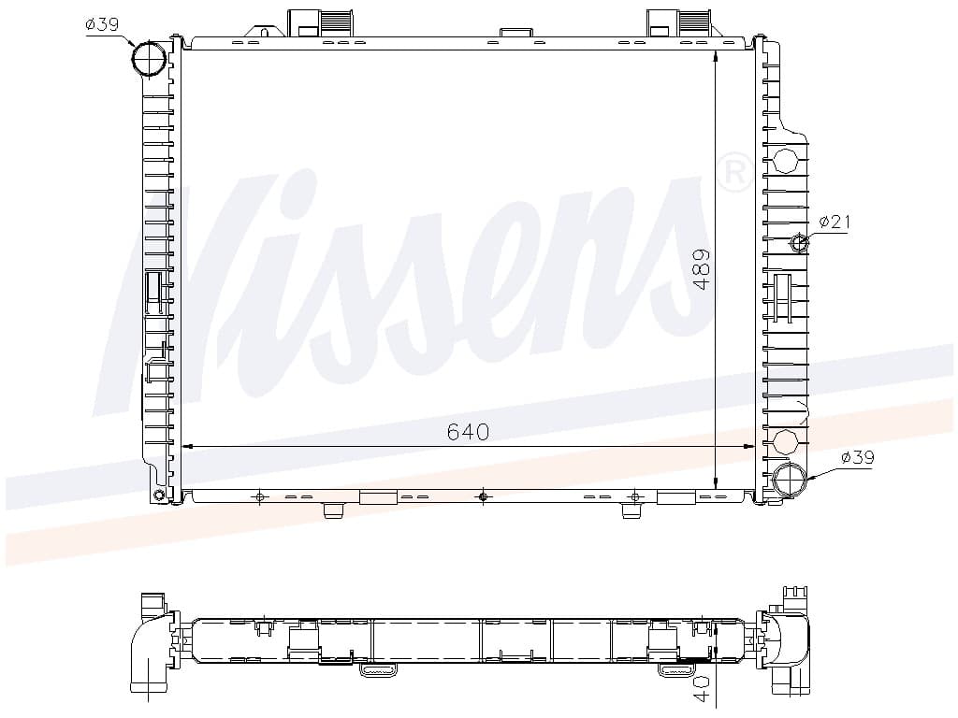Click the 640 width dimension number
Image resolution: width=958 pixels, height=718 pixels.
pyautogui.click(x=468, y=432)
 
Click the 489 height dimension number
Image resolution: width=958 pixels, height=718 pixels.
pyautogui.click(x=703, y=269)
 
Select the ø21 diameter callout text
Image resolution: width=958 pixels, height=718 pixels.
pyautogui.click(x=835, y=221)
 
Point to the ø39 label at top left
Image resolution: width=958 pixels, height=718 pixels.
pyautogui.click(x=102, y=23)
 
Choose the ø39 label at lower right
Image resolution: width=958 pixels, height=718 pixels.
pyautogui.click(x=857, y=456)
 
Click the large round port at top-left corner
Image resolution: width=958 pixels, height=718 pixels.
pyautogui.click(x=149, y=59)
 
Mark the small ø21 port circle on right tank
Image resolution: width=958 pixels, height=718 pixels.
pyautogui.click(x=799, y=244)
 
